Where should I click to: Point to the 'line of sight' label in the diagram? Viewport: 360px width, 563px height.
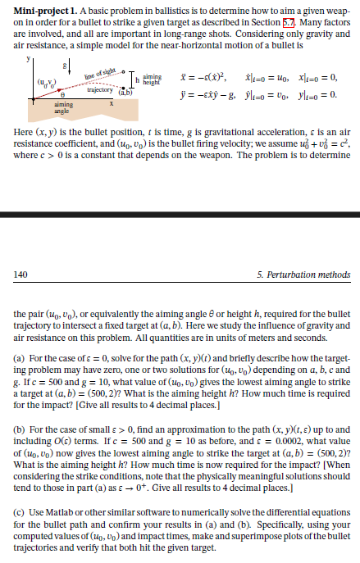point(102,75)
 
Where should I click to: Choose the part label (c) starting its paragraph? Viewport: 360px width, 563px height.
point(21,510)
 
